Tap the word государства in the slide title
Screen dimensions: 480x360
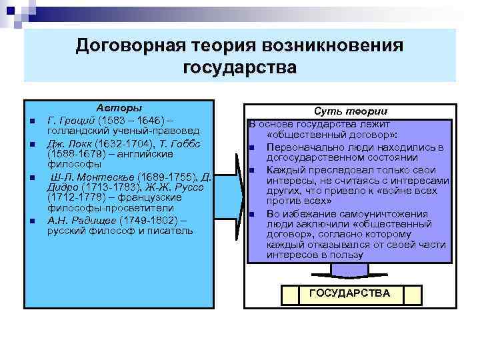coord(239,67)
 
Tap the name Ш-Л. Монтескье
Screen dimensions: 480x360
coord(94,176)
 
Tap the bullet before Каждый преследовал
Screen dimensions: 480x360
coord(253,170)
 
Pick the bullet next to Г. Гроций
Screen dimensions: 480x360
coord(31,121)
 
